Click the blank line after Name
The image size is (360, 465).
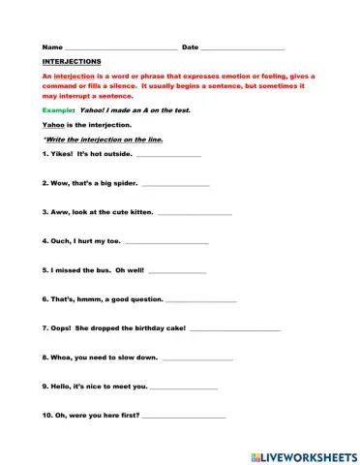pos(120,48)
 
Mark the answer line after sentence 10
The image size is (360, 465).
pos(184,417)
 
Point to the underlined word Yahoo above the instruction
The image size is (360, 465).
pos(54,126)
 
